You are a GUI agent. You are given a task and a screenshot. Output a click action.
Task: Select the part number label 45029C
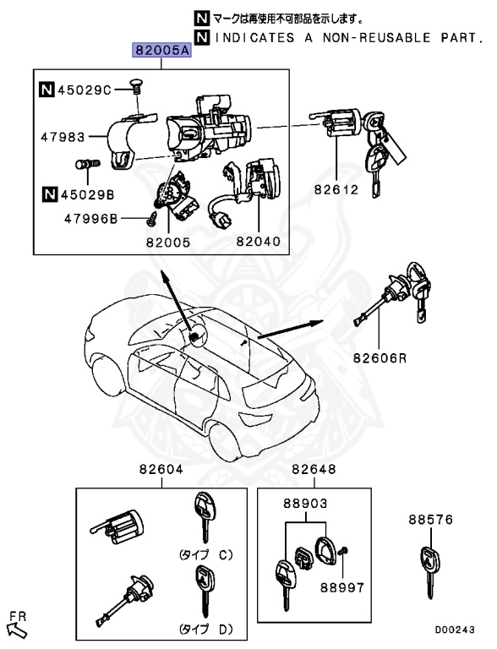click(x=84, y=89)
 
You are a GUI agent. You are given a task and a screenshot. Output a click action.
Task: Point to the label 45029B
click(x=84, y=195)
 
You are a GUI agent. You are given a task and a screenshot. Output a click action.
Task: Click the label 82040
click(x=258, y=241)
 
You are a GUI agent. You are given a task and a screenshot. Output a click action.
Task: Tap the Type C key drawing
click(x=203, y=516)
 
